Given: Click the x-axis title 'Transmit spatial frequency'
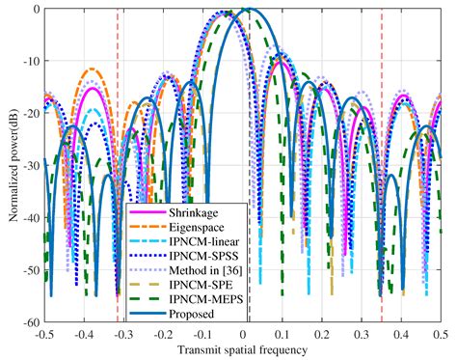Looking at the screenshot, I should (x=242, y=348).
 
